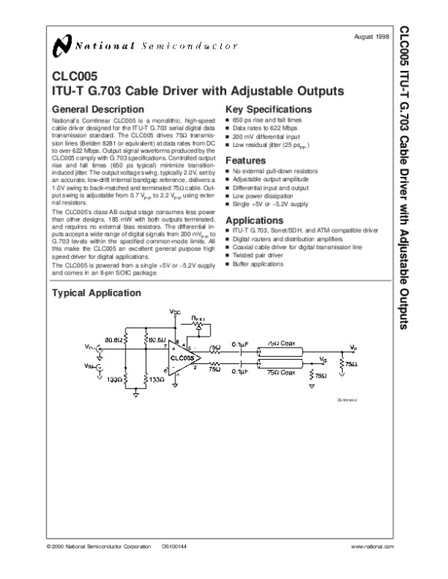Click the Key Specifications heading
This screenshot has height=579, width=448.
pos(268,109)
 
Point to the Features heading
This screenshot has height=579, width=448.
pos(245,160)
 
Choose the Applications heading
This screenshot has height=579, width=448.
pos(255,221)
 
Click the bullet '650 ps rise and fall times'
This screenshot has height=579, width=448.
pos(267,120)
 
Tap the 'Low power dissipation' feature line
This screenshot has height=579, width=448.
pos(262,195)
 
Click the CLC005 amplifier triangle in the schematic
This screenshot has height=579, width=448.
pos(182,357)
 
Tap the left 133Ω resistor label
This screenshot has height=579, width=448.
pos(115,379)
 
